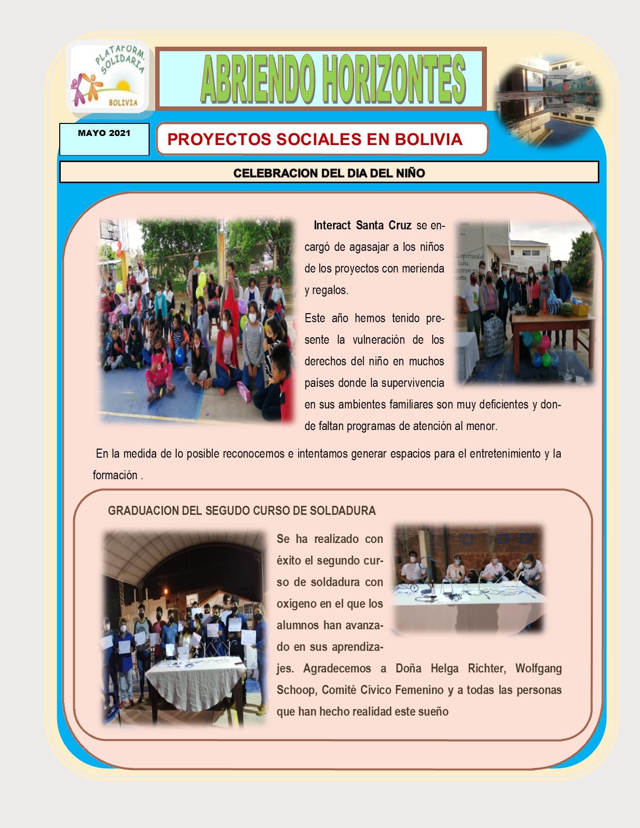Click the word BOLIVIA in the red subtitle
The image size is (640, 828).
pos(428,139)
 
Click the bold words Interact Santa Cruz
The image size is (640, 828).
pos(362,225)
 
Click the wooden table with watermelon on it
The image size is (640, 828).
pos(552,321)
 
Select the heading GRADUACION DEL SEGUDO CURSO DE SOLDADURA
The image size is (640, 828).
pos(241,511)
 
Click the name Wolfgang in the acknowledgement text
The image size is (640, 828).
pos(538,668)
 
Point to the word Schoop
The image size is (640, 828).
pos(295,690)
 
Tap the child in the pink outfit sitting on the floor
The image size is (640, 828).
pos(160,375)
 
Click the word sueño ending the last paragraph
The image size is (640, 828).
pos(433,712)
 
